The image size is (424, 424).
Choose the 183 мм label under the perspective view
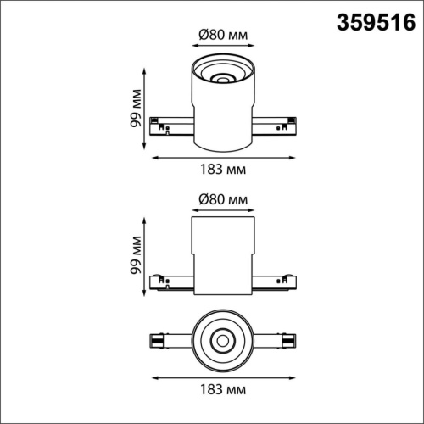tap(223, 170)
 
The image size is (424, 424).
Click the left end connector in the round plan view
tap(157, 341)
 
